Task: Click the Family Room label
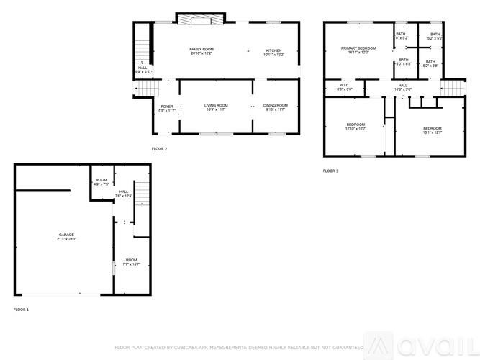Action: tap(201, 49)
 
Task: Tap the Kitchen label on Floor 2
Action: tap(274, 49)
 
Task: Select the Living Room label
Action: tap(217, 106)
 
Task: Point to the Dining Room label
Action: tap(275, 106)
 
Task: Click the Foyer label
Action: tap(167, 106)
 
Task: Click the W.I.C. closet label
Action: tap(345, 85)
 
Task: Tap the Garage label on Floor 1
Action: tap(66, 235)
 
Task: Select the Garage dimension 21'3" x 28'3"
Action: tap(66, 239)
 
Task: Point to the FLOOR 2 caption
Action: tap(159, 148)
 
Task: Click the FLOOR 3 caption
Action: tap(330, 171)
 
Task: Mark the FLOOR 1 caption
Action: tap(21, 309)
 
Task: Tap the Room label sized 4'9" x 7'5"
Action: tap(101, 180)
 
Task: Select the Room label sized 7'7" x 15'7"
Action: tap(131, 259)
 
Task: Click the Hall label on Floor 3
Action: tap(403, 85)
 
